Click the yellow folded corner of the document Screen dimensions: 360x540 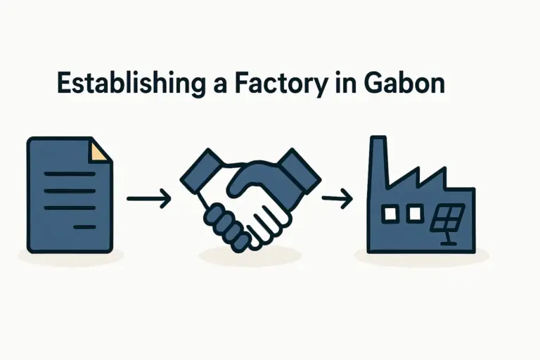pyautogui.click(x=101, y=149)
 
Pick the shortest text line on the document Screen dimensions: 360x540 pyautogui.click(x=84, y=226)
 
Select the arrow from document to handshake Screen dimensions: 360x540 pyautogui.click(x=148, y=199)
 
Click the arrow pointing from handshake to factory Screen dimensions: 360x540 pyautogui.click(x=336, y=200)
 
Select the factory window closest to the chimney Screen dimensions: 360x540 pyautogui.click(x=387, y=212)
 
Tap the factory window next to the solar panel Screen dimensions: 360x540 pyautogui.click(x=415, y=211)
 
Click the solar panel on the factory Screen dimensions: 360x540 pyautogui.click(x=447, y=219)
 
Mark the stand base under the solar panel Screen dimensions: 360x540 pyautogui.click(x=448, y=243)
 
